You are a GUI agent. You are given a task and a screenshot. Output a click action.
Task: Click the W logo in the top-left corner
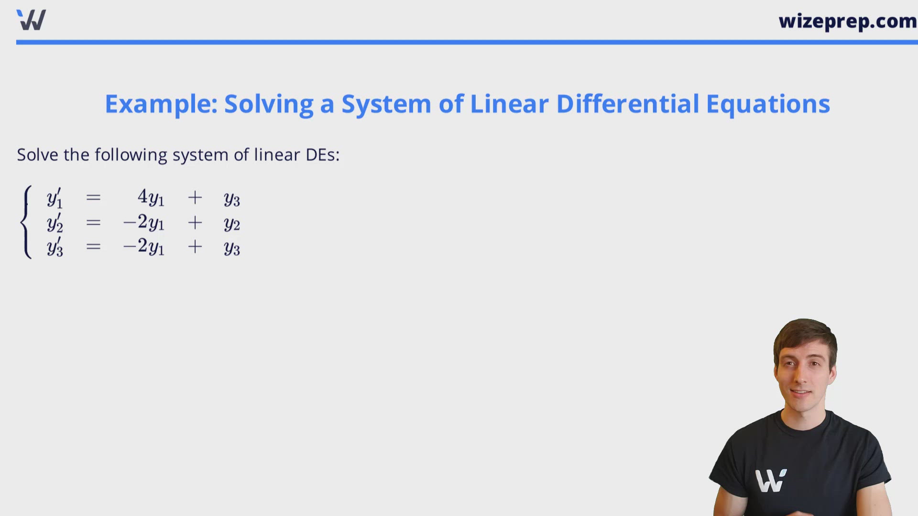[x=31, y=20]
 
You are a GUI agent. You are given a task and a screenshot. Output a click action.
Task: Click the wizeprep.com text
[x=847, y=21]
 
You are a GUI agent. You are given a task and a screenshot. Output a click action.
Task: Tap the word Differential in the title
[x=628, y=104]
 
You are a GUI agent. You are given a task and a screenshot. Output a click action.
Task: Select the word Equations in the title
[x=768, y=104]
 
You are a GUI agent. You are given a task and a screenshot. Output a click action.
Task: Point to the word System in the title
[x=386, y=104]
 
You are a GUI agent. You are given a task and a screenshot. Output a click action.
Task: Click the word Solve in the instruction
[x=37, y=155]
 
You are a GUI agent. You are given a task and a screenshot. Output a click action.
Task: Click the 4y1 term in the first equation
[x=151, y=197]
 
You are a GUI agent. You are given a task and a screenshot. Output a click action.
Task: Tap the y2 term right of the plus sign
[x=232, y=223]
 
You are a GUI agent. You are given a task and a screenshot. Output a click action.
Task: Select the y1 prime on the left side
[x=55, y=198]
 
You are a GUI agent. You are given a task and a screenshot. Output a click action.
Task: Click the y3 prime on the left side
[x=55, y=247]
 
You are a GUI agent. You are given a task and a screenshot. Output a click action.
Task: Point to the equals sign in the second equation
[x=93, y=223]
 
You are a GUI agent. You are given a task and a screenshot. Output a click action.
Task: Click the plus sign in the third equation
[x=195, y=247]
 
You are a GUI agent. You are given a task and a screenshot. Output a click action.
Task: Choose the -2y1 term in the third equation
[x=144, y=247]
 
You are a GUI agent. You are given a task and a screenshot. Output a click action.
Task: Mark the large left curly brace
[x=26, y=222]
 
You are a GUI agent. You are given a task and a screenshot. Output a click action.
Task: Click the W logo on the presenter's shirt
[x=770, y=481]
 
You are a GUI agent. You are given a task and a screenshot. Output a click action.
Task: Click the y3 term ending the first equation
[x=232, y=199]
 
